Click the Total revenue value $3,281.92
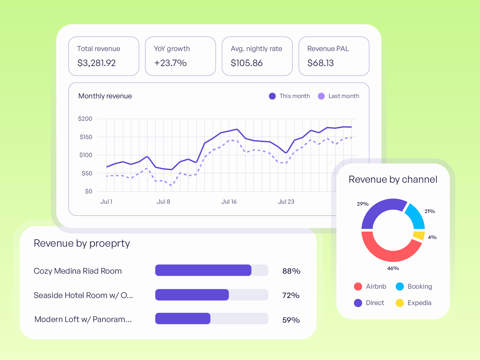[x=96, y=63]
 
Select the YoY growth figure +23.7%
[x=170, y=63]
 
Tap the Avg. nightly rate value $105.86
[x=246, y=63]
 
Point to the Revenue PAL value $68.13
[x=320, y=63]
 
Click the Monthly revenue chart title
[x=105, y=96]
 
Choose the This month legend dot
[x=272, y=96]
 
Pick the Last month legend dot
[x=321, y=96]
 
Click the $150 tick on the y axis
[x=86, y=137]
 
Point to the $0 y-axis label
[x=89, y=191]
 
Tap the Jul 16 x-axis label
[x=229, y=202]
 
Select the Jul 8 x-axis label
[x=163, y=202]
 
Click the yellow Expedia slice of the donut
[x=419, y=236]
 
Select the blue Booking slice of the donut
[x=416, y=216]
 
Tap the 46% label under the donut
[x=393, y=268]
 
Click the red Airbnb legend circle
[x=358, y=287]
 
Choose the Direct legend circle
[x=358, y=303]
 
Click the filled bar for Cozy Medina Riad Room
[x=203, y=270]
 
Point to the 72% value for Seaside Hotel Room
[x=291, y=295]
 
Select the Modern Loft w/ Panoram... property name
[x=83, y=319]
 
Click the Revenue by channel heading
[x=393, y=179]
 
